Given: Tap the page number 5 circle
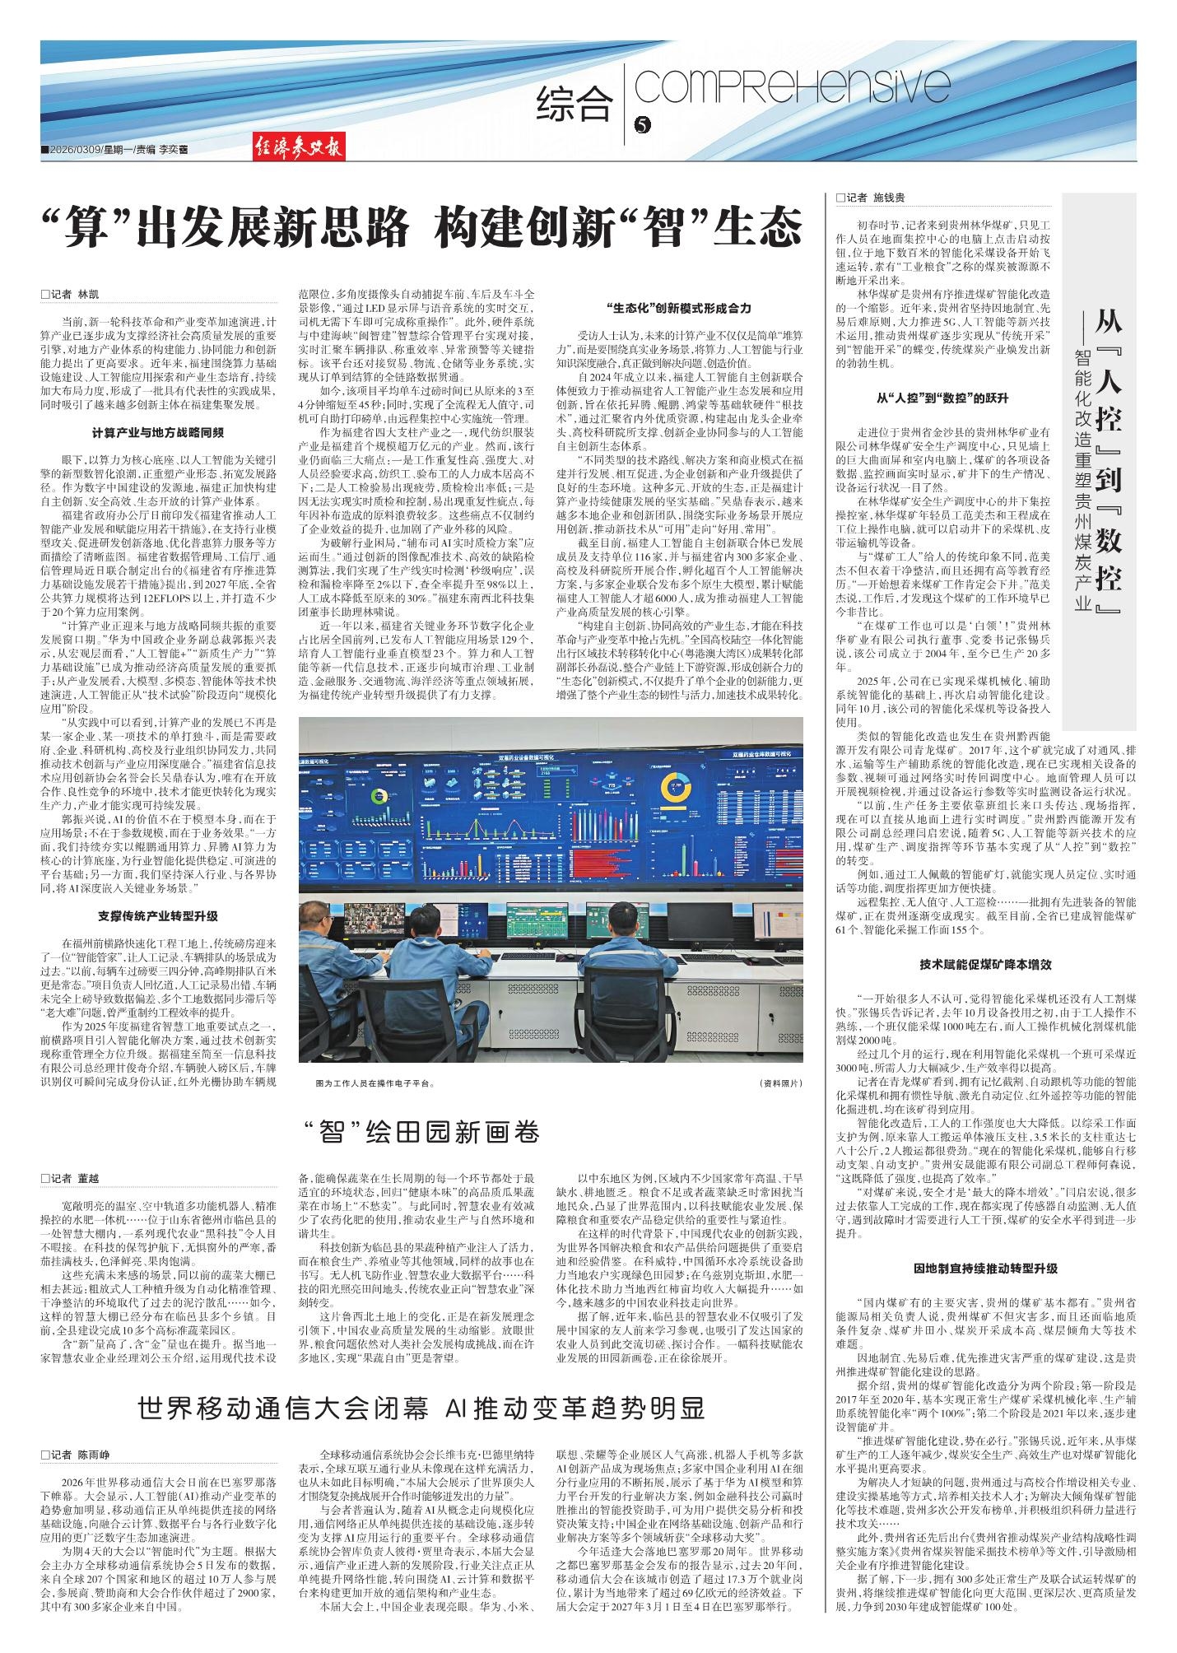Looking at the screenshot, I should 643,125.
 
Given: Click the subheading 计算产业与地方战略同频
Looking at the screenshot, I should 158,431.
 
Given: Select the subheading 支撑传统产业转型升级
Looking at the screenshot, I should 158,915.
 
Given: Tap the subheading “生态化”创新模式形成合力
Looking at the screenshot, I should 678,308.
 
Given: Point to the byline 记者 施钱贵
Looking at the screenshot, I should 869,198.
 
